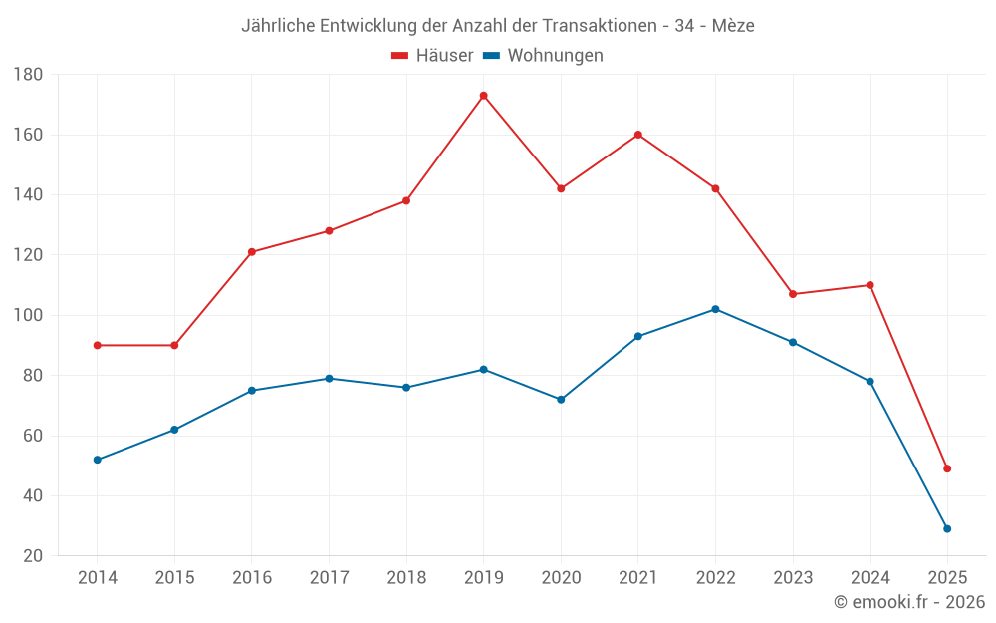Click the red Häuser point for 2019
483,96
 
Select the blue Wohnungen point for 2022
715,309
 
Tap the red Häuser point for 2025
947,468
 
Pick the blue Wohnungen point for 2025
947,528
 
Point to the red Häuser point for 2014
97,345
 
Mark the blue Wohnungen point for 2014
97,460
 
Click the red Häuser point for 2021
638,135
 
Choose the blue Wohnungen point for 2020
561,400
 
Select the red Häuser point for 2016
252,252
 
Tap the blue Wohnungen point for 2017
329,378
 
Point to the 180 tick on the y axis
28,75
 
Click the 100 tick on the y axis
28,316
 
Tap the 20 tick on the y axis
32,556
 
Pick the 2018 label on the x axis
406,578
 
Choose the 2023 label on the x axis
793,578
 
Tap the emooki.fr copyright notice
909,602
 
